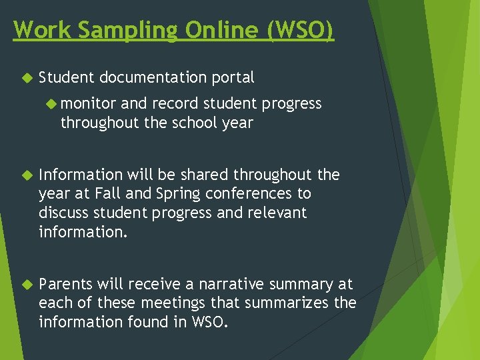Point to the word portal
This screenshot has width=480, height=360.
[233, 78]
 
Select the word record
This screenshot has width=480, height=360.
[173, 104]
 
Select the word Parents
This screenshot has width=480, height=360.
[65, 285]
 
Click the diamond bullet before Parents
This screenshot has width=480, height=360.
[26, 285]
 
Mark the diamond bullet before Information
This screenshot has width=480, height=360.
[26, 175]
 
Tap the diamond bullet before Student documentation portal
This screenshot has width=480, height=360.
[26, 78]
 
